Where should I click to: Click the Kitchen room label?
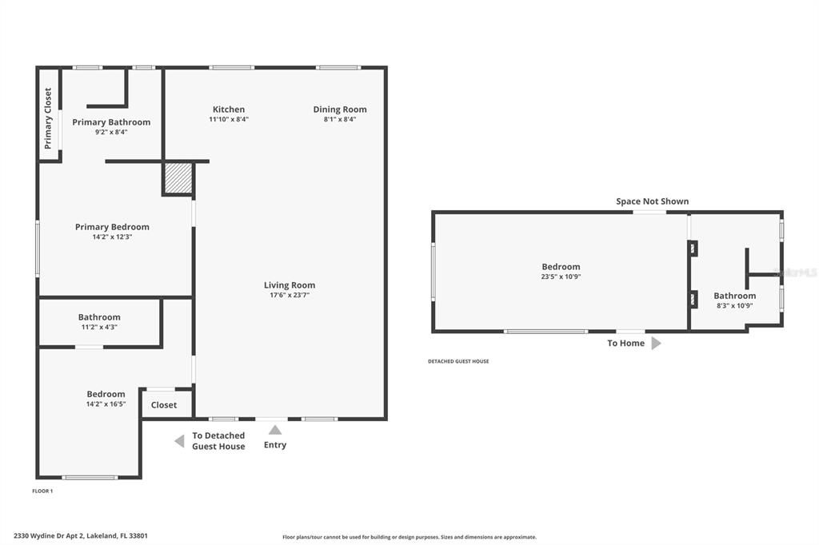[x=229, y=109]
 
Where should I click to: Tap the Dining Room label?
[x=340, y=109]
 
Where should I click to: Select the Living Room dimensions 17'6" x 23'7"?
[x=290, y=295]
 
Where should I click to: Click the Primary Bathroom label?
[x=111, y=122]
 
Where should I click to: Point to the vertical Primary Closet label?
[x=48, y=118]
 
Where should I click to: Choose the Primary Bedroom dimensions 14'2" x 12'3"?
[x=112, y=237]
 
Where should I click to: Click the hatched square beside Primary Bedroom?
[x=178, y=178]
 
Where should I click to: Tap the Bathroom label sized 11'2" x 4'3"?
[x=99, y=317]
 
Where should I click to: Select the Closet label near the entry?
[x=164, y=405]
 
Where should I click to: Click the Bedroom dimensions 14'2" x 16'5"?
[x=106, y=404]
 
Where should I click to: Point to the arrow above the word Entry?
[x=275, y=430]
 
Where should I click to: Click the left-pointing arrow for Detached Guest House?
[x=179, y=441]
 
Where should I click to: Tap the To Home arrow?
[x=656, y=344]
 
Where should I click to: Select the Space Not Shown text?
[x=652, y=201]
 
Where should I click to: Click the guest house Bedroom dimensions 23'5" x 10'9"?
[x=561, y=276]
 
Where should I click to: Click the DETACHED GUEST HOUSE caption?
[x=458, y=361]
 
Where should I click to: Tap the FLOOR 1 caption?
[x=42, y=491]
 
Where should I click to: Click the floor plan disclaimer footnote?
[x=409, y=537]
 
